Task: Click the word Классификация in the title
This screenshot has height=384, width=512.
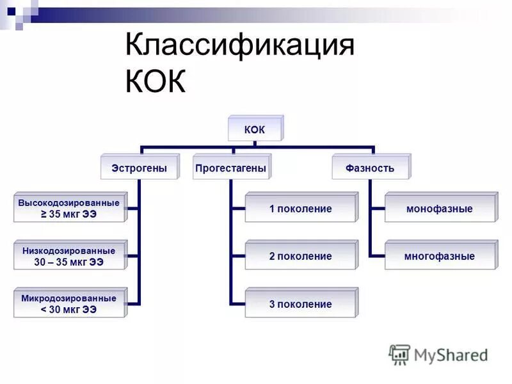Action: pos(240,47)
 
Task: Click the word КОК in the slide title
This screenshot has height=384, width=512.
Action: pos(156,82)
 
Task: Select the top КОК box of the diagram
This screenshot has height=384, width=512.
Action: pos(254,131)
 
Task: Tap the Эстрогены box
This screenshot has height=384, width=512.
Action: pos(139,168)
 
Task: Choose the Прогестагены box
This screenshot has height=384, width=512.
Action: pos(230,168)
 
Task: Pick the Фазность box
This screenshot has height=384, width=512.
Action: pos(370,168)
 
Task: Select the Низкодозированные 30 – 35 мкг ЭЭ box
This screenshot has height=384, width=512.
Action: pos(68,256)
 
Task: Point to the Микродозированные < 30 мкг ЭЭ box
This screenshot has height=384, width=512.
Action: pos(68,304)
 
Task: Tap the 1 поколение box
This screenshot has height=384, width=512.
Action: pos(300,209)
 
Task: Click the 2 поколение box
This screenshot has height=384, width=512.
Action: pos(300,256)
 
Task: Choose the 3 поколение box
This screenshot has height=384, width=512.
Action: pos(300,304)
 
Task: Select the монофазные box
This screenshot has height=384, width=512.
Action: pos(439,209)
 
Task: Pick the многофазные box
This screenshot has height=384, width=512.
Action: pos(439,256)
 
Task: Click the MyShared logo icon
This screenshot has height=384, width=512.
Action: pos(400,355)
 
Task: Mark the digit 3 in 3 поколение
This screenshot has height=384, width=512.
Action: pos(271,304)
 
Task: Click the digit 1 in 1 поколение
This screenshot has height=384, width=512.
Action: pos(271,209)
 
